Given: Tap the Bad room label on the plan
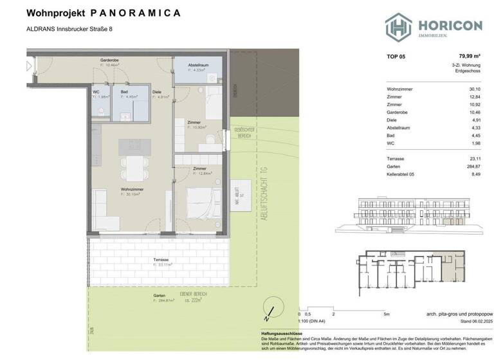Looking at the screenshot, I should pyautogui.click(x=124, y=92).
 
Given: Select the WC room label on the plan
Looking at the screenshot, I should pyautogui.click(x=95, y=93).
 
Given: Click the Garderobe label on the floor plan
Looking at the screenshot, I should pyautogui.click(x=109, y=60).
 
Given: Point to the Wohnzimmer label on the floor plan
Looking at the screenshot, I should pyautogui.click(x=131, y=189).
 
